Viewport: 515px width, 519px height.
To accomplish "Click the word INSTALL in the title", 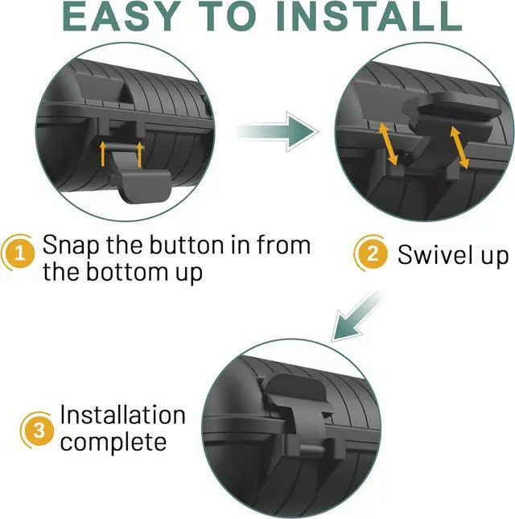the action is click(369, 17).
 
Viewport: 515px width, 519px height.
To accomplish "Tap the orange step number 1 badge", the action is click(20, 253).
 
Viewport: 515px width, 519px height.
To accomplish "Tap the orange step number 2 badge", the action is click(372, 254).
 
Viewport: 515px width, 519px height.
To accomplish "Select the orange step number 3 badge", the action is click(39, 430).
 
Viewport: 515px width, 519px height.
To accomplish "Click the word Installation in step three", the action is click(122, 414).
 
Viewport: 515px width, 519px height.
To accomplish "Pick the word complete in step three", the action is click(113, 443).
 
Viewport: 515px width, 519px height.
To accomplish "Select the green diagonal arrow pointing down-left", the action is click(356, 316).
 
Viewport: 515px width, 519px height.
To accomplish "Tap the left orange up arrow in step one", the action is click(103, 154).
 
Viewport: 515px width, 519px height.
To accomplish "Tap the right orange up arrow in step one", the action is click(139, 154).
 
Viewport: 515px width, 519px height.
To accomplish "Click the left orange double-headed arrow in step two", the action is click(388, 144).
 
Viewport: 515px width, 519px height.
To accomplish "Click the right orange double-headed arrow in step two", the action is click(459, 147).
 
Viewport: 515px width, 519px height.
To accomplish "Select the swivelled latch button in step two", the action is click(452, 114).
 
